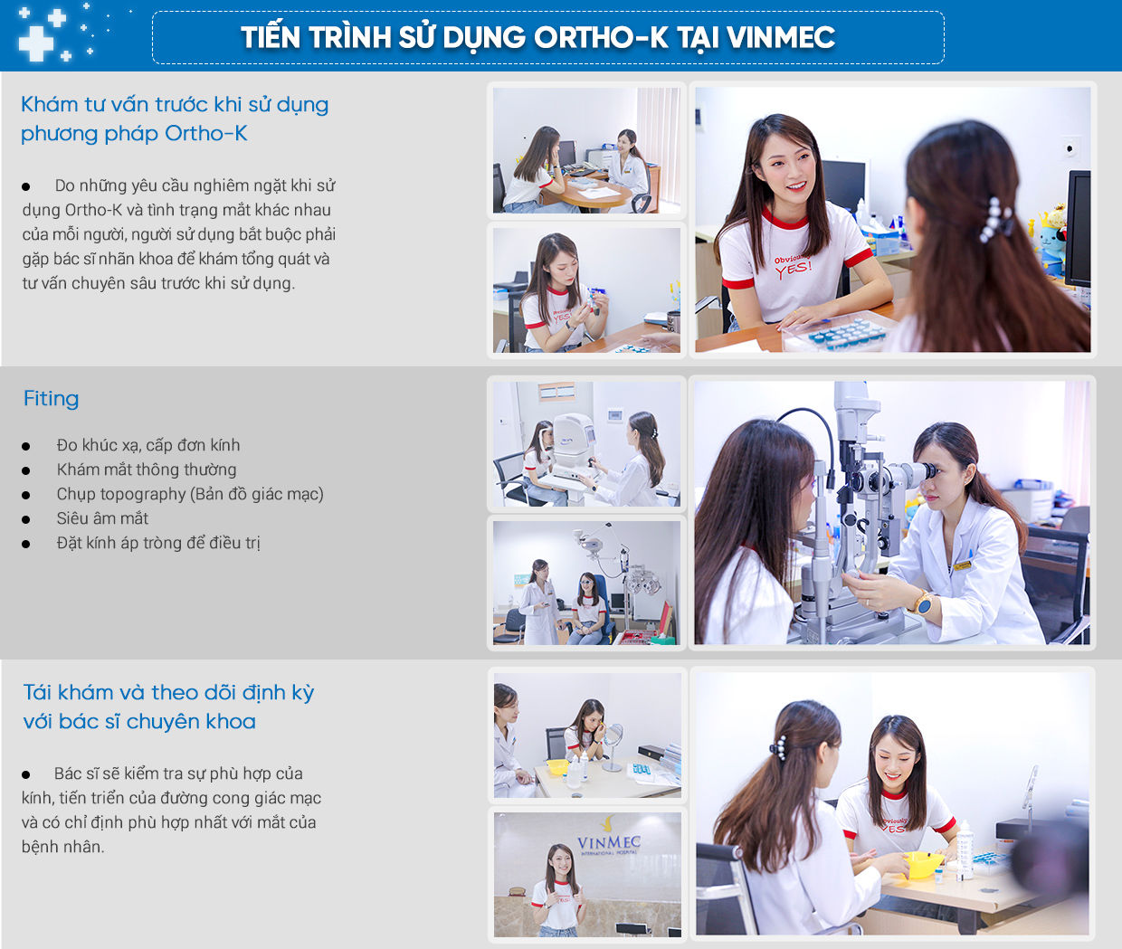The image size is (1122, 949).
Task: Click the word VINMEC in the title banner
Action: [781, 37]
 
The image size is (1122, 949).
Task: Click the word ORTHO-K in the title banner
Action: [600, 37]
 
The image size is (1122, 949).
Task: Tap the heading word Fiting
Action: [51, 399]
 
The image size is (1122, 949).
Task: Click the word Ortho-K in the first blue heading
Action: [206, 134]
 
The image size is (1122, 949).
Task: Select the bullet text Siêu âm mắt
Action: [102, 518]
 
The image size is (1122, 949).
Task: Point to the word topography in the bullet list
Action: [143, 494]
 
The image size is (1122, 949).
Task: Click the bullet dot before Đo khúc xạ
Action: [26, 447]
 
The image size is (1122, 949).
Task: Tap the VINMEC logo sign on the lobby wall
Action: [608, 841]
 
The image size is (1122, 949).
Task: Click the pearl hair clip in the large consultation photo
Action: [994, 219]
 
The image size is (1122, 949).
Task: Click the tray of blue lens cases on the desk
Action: [838, 331]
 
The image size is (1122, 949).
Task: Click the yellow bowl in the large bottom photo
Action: [922, 862]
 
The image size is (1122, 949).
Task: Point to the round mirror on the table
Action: [613, 745]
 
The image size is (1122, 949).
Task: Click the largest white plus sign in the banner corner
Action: [36, 43]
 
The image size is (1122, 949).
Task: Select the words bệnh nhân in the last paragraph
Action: [62, 847]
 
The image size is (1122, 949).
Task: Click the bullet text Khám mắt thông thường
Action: [147, 470]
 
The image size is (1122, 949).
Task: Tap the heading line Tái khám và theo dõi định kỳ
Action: [169, 692]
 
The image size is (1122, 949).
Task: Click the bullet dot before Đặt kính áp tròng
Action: [26, 545]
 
